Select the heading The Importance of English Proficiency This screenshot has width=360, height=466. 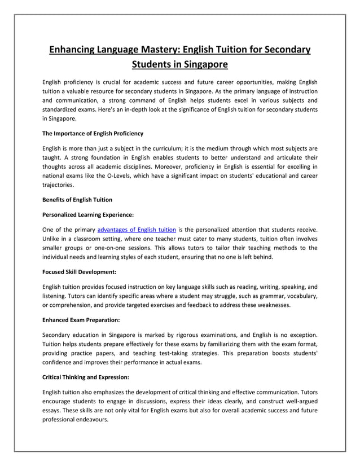pos(93,134)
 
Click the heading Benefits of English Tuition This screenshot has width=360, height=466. pos(77,200)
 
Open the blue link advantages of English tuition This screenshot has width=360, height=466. pos(137,229)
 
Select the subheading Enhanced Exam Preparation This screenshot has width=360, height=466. pos(81,319)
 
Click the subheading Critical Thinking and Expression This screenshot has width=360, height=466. pos(87,376)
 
